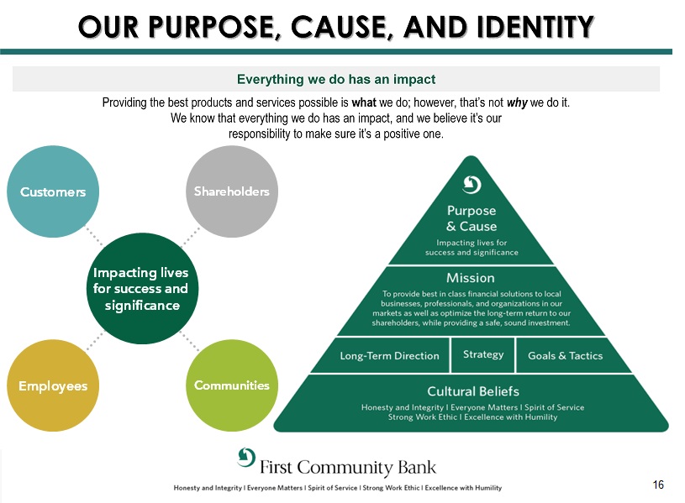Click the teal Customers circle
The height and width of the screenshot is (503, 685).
pos(53,191)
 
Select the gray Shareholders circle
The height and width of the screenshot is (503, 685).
pos(231,191)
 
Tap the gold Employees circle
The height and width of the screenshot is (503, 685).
pos(53,385)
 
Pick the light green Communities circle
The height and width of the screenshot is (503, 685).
pos(231,385)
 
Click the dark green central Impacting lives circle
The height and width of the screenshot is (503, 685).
pos(140,288)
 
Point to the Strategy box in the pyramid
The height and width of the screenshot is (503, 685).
pos(483,354)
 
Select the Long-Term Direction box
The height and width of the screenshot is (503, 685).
pos(389,355)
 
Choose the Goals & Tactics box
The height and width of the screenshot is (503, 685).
pos(565,355)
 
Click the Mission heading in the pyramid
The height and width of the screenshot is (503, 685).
pos(471,277)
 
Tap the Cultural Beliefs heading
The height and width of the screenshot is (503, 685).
pos(472,391)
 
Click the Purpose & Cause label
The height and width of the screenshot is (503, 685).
pos(472,218)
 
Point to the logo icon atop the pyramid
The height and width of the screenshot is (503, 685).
pos(472,184)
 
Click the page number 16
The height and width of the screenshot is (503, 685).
pos(657,485)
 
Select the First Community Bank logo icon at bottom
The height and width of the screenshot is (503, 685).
pos(246,458)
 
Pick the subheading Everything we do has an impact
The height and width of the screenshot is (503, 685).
pos(336,80)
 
